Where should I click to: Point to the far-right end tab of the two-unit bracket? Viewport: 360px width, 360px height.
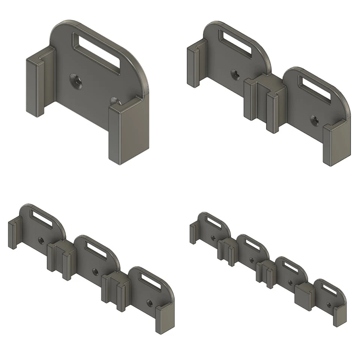(x=336, y=144)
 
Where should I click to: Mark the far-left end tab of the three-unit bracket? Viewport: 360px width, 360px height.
(x=13, y=234)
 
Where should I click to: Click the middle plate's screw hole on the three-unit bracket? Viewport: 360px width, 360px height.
(x=95, y=271)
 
